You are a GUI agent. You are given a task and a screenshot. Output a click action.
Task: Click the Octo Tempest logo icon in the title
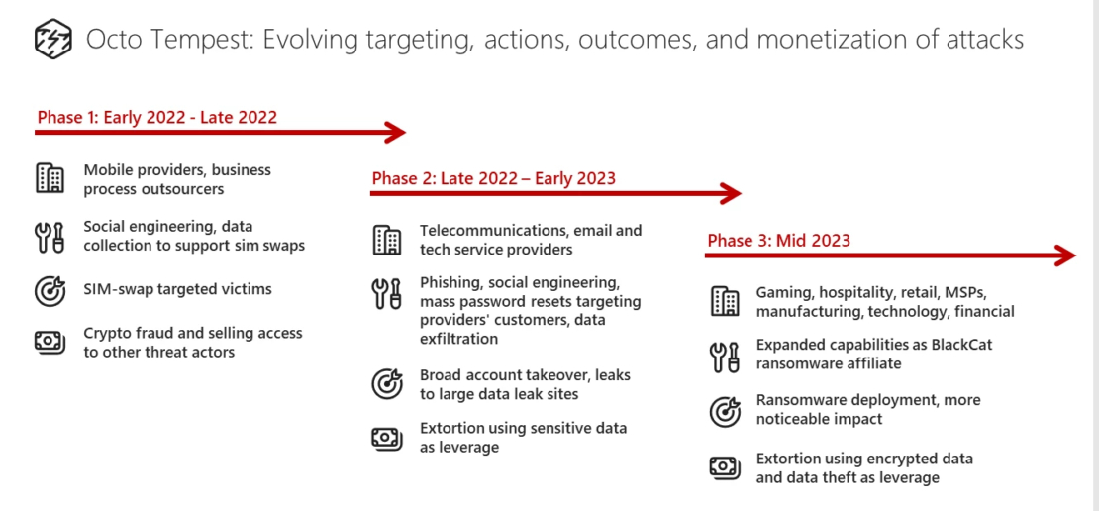(53, 40)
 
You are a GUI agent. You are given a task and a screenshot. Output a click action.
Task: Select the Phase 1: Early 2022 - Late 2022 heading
(157, 118)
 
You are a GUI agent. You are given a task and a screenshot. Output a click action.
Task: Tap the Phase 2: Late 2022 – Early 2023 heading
(493, 178)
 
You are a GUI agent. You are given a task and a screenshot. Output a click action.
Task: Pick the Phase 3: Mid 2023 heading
(778, 241)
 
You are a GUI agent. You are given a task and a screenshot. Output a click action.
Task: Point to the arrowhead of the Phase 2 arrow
(732, 193)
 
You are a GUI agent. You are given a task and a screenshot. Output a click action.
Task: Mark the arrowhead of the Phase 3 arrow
(1065, 255)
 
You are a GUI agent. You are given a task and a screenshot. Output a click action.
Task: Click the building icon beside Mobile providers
(50, 179)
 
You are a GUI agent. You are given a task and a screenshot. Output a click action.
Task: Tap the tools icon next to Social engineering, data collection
(50, 236)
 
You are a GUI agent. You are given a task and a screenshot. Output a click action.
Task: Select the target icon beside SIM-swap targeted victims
(50, 290)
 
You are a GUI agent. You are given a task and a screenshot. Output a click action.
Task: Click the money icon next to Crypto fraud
(50, 342)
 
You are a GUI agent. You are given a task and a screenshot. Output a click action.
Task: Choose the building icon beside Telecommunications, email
(387, 240)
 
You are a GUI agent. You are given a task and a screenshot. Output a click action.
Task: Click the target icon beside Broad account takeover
(387, 384)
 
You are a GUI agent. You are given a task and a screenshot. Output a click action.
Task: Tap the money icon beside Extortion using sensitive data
(387, 438)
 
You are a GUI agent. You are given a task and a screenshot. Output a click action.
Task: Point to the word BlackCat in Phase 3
(955, 345)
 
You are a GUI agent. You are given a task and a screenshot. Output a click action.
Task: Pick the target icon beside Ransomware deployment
(725, 410)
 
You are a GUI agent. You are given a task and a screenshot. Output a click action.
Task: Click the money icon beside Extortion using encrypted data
(725, 467)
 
